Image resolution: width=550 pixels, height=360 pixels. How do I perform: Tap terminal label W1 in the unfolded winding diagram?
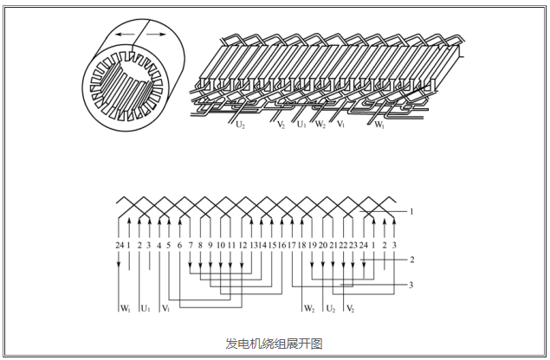[125, 307]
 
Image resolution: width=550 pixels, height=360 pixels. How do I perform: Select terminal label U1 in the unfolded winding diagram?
[145, 307]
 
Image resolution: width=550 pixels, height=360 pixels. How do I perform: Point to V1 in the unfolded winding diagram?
[165, 307]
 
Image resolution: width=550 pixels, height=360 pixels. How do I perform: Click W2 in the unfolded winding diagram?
[309, 307]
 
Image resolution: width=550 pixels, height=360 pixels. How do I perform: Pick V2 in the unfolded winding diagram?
[350, 307]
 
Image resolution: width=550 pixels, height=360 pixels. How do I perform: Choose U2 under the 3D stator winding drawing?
[240, 125]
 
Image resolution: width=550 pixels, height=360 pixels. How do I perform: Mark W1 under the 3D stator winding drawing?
[379, 125]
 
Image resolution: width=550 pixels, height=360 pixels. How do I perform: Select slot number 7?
[190, 245]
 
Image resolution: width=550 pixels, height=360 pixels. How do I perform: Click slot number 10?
[221, 245]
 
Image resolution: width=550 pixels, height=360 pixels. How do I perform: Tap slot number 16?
[281, 245]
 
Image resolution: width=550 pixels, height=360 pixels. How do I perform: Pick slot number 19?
[312, 245]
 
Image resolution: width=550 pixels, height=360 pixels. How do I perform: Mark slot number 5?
[169, 245]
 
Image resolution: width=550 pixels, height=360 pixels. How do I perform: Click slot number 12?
[243, 245]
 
